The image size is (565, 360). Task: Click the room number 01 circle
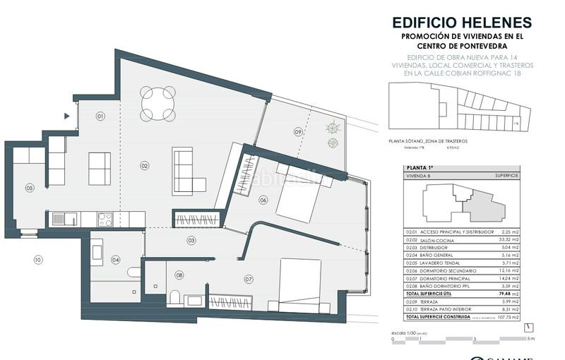[100, 116]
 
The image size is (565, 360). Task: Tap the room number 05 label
[30, 188]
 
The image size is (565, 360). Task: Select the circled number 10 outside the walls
[37, 260]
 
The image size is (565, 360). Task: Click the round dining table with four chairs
[158, 103]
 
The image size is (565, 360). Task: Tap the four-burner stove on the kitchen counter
[106, 220]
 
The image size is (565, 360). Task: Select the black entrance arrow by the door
[67, 116]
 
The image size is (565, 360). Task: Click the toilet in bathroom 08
[174, 298]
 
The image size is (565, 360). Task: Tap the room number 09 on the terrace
[298, 131]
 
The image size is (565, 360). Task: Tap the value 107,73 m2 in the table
[508, 317]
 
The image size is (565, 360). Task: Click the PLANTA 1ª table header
[421, 168]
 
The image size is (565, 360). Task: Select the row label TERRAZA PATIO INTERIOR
[448, 309]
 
